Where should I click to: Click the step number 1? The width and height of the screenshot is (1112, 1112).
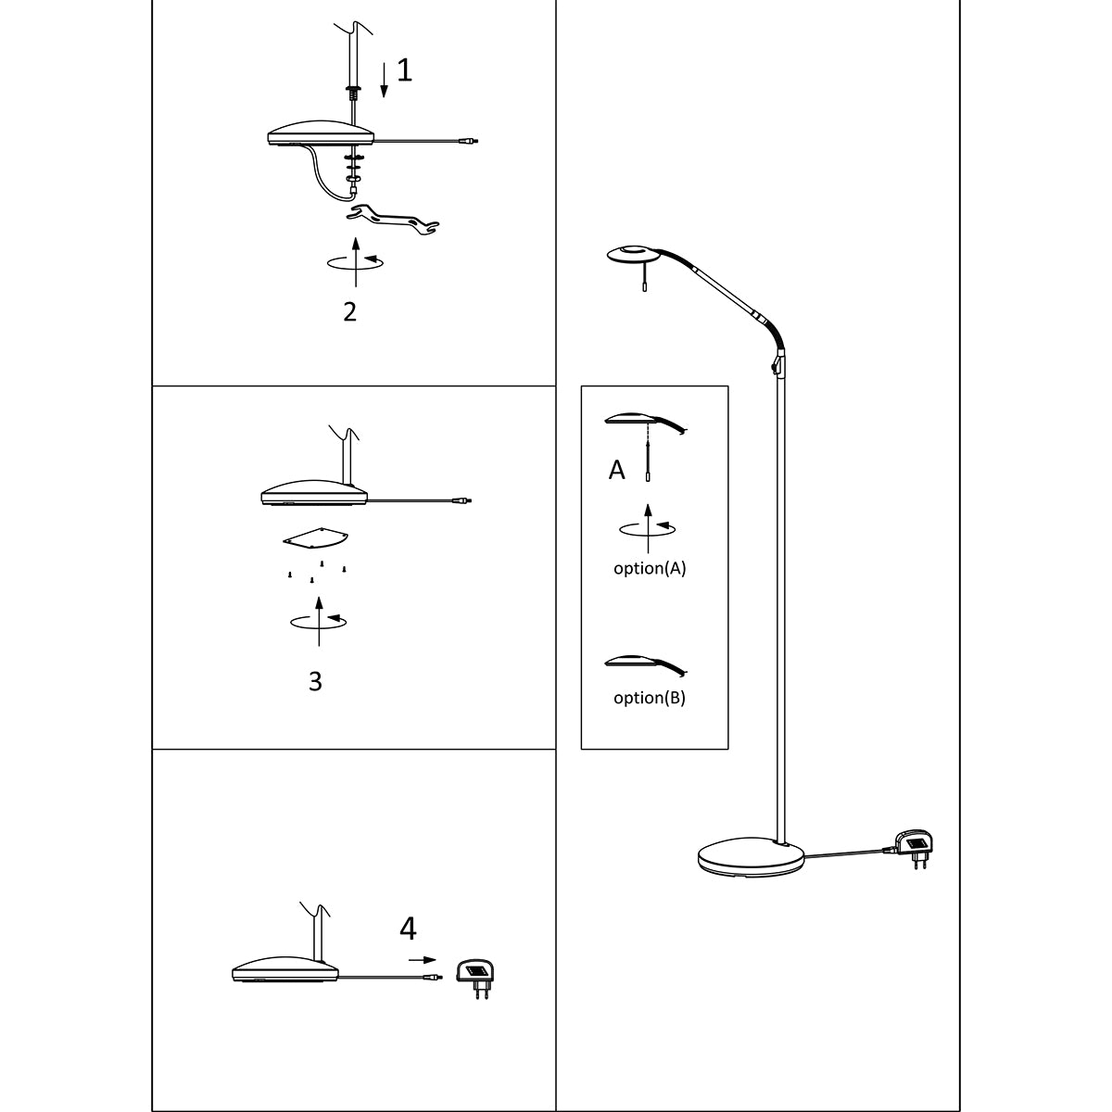(x=404, y=70)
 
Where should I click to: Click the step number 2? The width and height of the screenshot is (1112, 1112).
(x=349, y=311)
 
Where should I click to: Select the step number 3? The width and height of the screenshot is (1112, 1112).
(x=315, y=681)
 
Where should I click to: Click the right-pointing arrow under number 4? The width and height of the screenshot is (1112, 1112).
(x=423, y=960)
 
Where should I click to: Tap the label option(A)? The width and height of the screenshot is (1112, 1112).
(x=650, y=569)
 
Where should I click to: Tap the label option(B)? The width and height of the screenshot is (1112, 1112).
(x=650, y=698)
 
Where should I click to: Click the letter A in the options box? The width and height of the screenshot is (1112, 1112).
(x=616, y=471)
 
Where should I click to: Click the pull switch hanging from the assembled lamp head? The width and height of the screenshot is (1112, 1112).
(x=645, y=288)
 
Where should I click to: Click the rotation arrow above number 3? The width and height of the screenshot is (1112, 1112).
(x=319, y=620)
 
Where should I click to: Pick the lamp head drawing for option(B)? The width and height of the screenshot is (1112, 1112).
(x=644, y=663)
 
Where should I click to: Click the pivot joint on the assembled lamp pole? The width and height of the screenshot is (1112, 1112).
(x=777, y=363)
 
